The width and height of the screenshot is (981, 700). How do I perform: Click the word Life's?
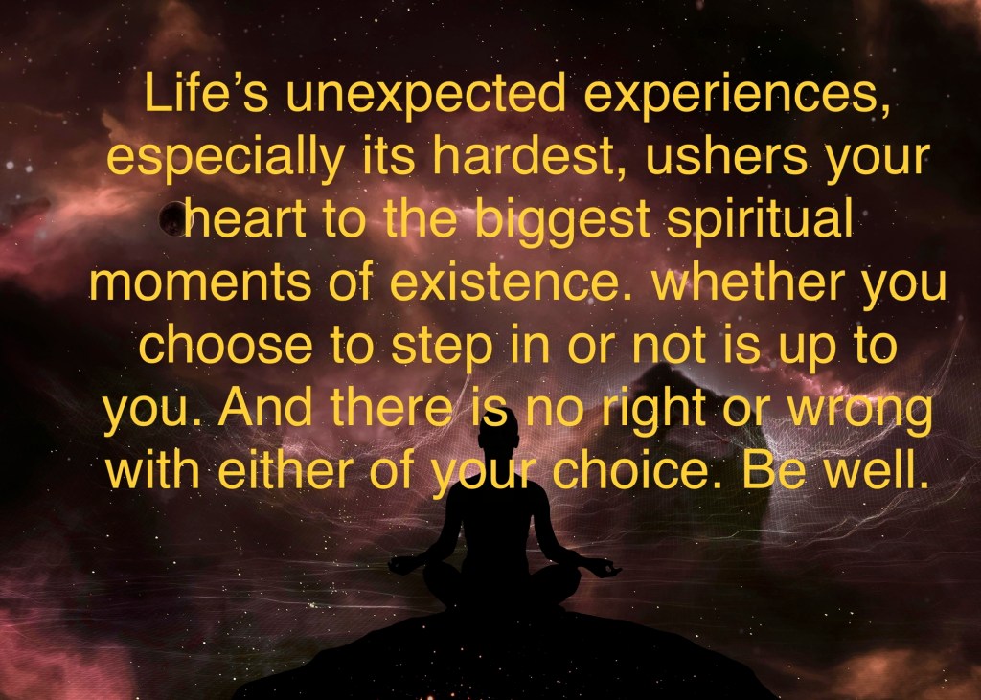[207, 92]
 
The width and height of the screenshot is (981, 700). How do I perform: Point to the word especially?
[226, 160]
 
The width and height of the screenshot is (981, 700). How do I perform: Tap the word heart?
[245, 219]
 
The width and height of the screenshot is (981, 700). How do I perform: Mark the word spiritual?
[760, 223]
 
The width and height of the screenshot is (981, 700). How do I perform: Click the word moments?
[200, 282]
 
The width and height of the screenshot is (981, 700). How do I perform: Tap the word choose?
[225, 345]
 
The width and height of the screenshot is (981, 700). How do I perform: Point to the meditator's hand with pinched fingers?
[605, 568]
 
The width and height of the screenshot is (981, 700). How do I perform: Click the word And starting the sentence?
[265, 407]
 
